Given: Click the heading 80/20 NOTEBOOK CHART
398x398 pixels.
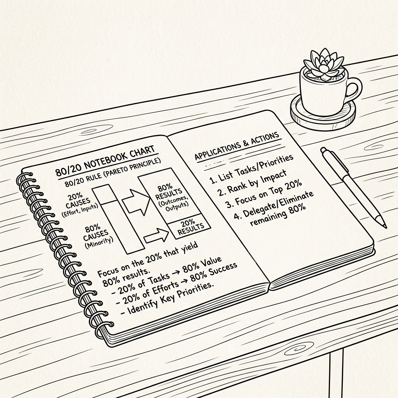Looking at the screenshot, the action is coord(105,161).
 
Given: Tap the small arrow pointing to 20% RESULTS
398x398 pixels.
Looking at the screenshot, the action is coord(156,235).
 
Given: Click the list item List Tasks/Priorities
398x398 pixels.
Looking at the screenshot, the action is coord(251,168).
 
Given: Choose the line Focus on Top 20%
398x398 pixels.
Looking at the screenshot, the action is coord(264,194).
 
